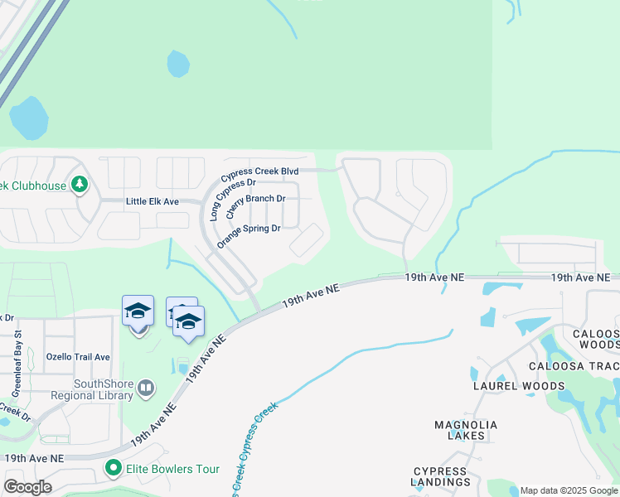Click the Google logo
coord(27,487)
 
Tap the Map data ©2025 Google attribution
coord(569,490)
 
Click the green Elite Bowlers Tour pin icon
coord(114,469)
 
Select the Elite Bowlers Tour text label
coord(172,470)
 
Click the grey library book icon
coord(146,387)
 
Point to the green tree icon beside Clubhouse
coord(80,184)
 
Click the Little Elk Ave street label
coord(153,201)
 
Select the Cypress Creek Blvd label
coord(259,171)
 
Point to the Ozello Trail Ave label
coord(78,357)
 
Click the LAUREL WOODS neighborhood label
coord(519,386)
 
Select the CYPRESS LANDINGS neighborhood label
coord(441,476)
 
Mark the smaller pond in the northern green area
coord(178,63)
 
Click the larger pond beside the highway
coord(29,118)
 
